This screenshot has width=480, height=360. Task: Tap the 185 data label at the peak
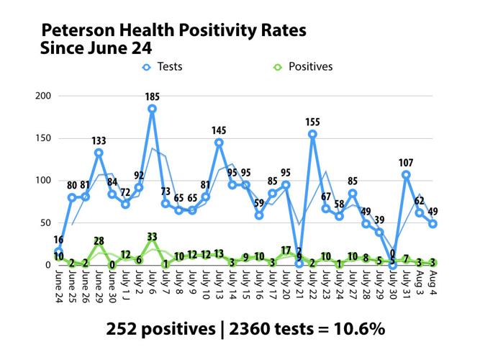click(x=153, y=97)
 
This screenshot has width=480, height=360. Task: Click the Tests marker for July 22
click(x=312, y=134)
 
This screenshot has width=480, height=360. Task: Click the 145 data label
click(x=219, y=130)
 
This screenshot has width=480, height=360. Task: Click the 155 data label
click(x=312, y=122)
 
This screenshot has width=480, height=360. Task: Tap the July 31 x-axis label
click(x=407, y=285)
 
